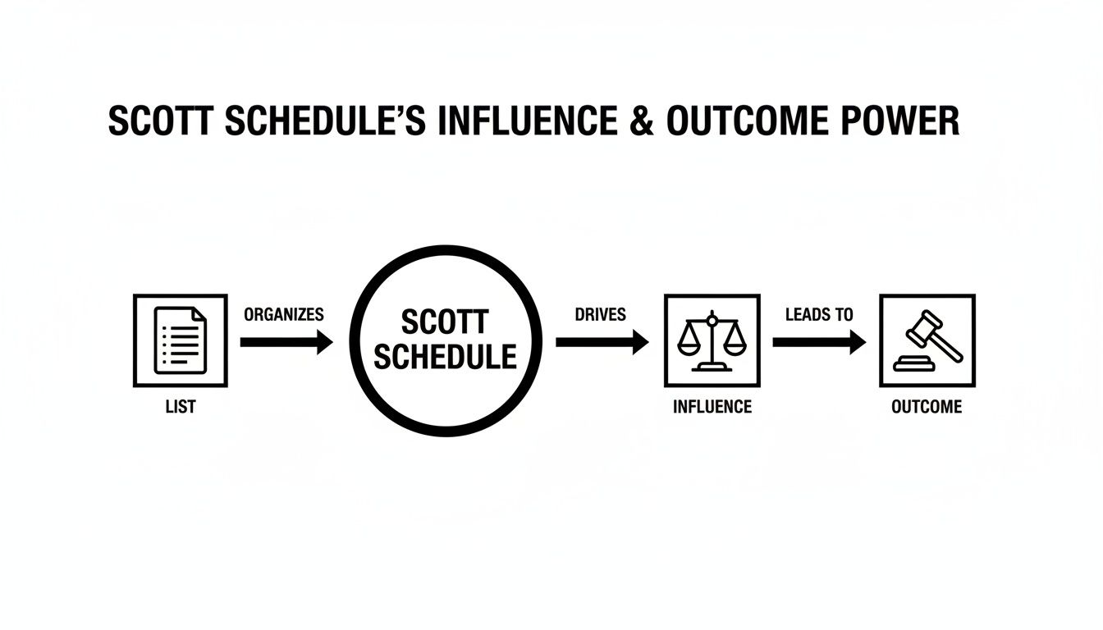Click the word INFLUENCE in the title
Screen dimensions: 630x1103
tap(527, 122)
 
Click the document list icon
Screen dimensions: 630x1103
tap(180, 340)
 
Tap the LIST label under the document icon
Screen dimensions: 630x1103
tap(180, 407)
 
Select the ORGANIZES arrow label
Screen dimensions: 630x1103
tap(284, 314)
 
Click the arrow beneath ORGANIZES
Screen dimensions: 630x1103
tap(286, 342)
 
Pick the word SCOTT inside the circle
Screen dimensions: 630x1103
tap(446, 322)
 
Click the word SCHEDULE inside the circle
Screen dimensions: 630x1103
tap(446, 357)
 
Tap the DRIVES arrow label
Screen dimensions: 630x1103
tap(601, 314)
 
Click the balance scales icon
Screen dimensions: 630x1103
tap(712, 340)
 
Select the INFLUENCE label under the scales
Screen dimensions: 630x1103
tap(712, 407)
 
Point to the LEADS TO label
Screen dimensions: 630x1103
tap(819, 314)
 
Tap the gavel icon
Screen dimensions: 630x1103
tap(927, 340)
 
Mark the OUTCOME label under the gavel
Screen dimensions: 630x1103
tap(927, 407)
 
